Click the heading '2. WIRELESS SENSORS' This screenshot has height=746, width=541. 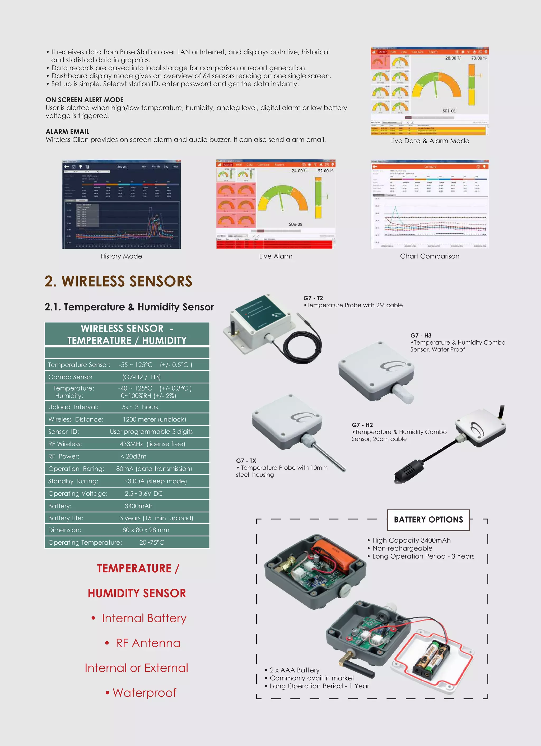pos(118,281)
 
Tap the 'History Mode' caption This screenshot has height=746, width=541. pos(121,256)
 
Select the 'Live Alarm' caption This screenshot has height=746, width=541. pos(276,256)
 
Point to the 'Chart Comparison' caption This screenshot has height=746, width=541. pos(430,256)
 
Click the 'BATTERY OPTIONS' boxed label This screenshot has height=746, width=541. pos(428,520)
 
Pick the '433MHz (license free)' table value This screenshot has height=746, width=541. pos(152,444)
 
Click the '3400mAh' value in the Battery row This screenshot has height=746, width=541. pos(138,506)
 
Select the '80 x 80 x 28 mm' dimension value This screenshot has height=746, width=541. pos(146,530)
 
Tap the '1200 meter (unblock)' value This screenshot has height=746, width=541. pos(154,419)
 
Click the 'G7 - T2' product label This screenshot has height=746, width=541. pos(313,298)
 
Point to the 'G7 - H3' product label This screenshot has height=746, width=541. pos(421,336)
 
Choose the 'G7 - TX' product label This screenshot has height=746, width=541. pos(246,461)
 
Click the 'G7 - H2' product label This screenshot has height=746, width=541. pos(362,425)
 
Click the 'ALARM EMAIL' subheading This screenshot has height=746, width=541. pos(67,132)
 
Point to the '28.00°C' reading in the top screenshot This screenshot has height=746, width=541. pos(453,58)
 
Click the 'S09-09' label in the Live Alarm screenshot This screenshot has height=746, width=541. pos(295,224)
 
